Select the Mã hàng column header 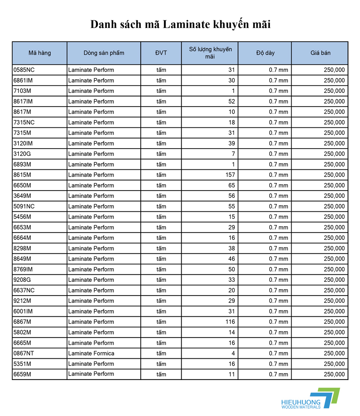point(40,53)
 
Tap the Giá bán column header point(320,53)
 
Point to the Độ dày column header point(265,53)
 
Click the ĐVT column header point(161,53)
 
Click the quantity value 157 point(230,175)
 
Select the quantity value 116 point(230,322)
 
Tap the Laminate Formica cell point(91,354)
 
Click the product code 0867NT point(24,354)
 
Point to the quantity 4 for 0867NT point(233,354)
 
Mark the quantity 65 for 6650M point(232,185)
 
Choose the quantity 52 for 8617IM point(232,102)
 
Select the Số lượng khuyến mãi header point(210,53)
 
